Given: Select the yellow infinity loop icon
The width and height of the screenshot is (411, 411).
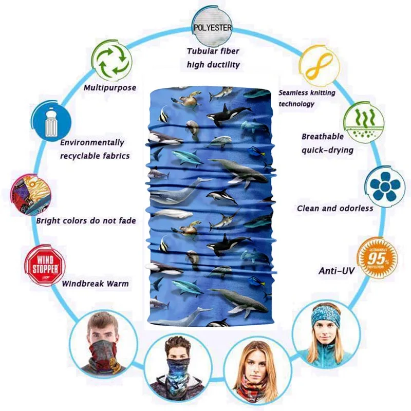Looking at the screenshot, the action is [318, 65].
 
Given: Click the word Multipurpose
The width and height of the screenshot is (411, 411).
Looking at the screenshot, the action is [110, 88].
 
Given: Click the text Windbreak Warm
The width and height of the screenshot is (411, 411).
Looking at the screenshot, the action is [95, 283].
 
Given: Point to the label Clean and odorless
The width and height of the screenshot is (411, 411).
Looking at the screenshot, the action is [335, 208].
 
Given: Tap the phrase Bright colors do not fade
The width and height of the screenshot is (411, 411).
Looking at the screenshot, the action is [86, 221].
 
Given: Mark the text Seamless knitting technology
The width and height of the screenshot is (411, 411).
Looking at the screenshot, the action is [307, 98].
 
